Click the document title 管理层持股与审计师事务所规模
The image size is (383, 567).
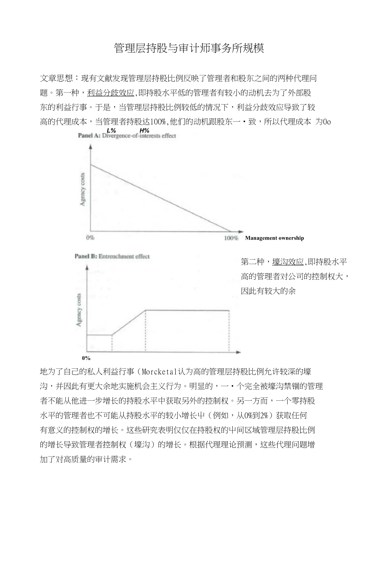click(x=189, y=48)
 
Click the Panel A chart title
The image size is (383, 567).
click(x=127, y=136)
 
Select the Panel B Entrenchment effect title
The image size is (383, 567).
click(x=112, y=256)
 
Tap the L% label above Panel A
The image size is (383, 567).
click(x=112, y=130)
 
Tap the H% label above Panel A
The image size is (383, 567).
click(x=144, y=130)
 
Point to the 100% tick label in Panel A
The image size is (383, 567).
click(x=231, y=238)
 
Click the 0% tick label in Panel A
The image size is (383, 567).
click(x=90, y=238)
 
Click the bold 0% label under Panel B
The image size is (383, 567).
click(x=86, y=358)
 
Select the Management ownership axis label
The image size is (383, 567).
click(x=274, y=238)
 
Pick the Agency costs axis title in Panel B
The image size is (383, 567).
click(x=79, y=310)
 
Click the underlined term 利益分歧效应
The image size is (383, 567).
click(x=111, y=92)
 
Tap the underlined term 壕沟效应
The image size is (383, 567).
click(x=288, y=262)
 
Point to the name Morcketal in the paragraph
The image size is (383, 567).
click(x=160, y=372)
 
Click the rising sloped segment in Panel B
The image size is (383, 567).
click(x=129, y=322)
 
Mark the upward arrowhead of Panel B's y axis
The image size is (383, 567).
click(x=87, y=267)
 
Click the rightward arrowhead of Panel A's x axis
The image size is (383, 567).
click(x=241, y=232)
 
